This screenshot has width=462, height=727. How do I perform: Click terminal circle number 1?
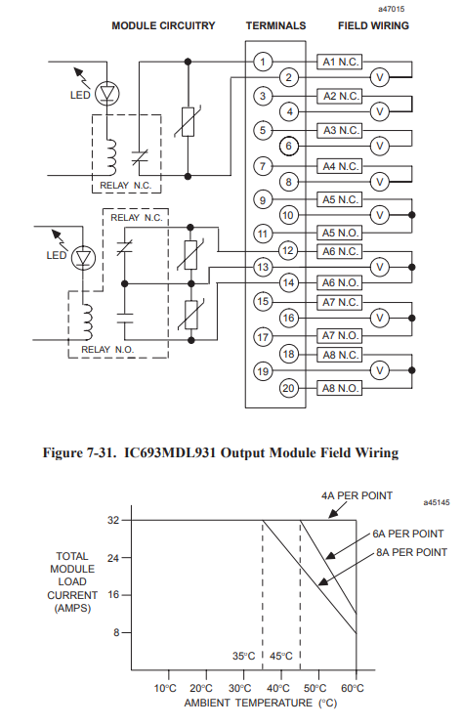point(263,62)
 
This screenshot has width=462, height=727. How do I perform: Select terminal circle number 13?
point(263,267)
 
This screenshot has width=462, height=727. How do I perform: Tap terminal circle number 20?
point(288,388)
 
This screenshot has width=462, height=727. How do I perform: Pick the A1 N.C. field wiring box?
point(340,62)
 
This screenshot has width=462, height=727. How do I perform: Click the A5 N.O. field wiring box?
point(340,233)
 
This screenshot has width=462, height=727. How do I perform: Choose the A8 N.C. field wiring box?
point(340,355)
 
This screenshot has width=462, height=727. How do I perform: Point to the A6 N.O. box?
point(340,282)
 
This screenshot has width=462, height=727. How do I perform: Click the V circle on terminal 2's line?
point(380,77)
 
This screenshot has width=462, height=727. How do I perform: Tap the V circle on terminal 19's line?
point(380,370)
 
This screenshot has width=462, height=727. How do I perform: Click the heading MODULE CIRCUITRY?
point(163,26)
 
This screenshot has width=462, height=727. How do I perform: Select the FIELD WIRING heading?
point(373,26)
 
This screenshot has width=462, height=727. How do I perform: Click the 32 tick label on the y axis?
point(113,520)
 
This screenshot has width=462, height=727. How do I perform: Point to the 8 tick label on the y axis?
point(116,632)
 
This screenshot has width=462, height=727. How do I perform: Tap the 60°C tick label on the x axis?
point(353,688)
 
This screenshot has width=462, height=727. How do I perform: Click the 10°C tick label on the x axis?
point(165,688)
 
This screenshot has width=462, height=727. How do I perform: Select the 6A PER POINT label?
point(408,534)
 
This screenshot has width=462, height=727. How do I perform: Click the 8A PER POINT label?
point(412,552)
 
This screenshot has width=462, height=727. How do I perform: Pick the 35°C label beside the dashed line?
point(244,656)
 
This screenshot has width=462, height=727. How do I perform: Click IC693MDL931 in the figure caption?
point(170,452)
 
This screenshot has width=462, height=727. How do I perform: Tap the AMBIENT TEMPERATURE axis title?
point(248,703)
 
